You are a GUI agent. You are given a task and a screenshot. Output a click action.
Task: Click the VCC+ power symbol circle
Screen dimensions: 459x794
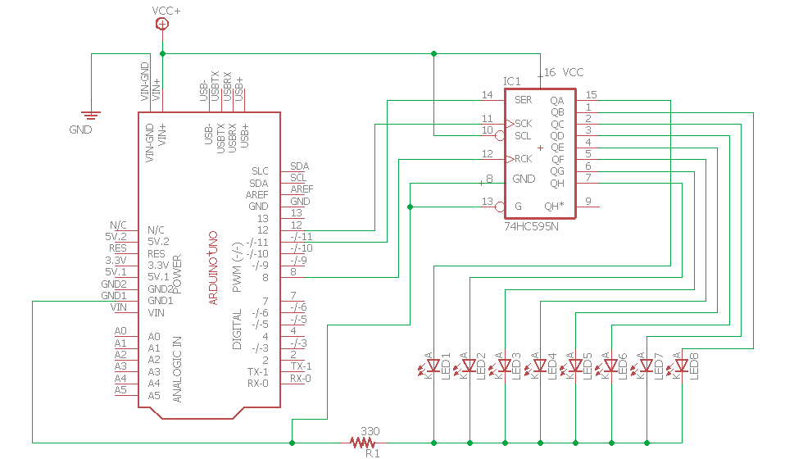[162, 25]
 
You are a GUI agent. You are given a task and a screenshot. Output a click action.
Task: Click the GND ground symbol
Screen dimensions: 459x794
[91, 116]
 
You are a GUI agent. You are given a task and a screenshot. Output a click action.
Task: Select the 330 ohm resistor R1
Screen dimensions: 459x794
[361, 443]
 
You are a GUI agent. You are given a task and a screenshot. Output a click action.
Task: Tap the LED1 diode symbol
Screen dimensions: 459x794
[433, 366]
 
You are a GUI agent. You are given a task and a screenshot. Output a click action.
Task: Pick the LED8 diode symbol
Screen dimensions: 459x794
[682, 366]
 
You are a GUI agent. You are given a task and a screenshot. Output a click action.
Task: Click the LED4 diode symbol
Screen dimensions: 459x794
[540, 366]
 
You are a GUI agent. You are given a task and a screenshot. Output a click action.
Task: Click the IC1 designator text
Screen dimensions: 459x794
[511, 82]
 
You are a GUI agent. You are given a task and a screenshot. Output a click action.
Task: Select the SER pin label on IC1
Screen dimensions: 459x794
[523, 100]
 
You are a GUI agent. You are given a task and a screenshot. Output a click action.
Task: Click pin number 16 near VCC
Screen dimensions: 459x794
[550, 73]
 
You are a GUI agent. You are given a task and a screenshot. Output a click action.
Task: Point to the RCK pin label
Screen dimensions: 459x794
[523, 159]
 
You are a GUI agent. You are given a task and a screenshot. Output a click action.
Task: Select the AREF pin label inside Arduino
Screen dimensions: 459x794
[258, 195]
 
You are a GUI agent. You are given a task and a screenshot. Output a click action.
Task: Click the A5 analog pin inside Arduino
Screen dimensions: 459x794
[154, 395]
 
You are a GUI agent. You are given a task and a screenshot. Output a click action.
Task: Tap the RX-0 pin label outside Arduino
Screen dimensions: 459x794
[300, 379]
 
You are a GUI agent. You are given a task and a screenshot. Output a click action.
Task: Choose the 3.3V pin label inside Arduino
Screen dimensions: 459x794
[160, 266]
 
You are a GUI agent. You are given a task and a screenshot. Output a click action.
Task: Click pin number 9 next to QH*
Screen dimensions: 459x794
[588, 202]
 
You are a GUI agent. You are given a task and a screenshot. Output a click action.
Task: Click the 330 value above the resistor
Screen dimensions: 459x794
[370, 431]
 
